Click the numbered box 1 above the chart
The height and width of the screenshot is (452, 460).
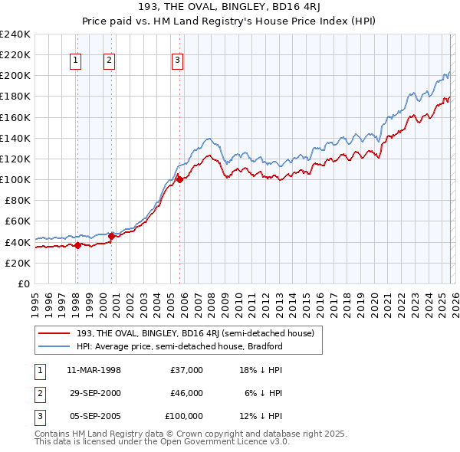click(77, 61)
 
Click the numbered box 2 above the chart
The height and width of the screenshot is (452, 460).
click(110, 61)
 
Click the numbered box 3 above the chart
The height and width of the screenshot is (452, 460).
click(177, 61)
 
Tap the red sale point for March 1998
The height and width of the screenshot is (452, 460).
click(77, 245)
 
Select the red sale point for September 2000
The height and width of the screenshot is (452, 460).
click(111, 236)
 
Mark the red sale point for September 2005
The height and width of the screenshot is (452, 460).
click(179, 179)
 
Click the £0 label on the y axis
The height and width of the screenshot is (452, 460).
click(25, 283)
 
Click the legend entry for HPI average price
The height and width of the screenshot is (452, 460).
click(179, 346)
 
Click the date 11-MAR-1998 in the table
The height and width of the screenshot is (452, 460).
click(94, 370)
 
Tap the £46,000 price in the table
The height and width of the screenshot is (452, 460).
click(186, 393)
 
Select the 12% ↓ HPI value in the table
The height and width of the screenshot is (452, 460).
click(261, 416)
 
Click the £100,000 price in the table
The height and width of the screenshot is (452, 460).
click(184, 416)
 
